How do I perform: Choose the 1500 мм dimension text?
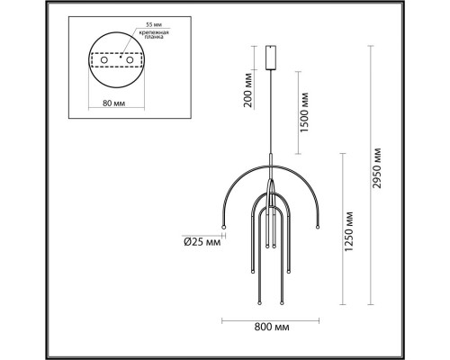[306, 110]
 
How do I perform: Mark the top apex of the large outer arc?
[269, 163]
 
